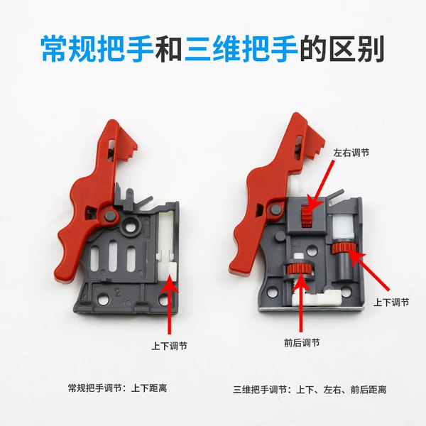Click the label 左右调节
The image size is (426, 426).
click(351, 153)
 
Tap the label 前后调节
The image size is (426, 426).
click(302, 343)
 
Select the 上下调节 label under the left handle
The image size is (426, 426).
click(169, 346)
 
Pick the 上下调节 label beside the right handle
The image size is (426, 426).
click(391, 302)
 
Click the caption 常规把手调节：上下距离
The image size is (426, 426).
click(117, 388)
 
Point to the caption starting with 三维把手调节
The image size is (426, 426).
click(310, 390)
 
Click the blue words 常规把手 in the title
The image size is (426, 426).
click(97, 49)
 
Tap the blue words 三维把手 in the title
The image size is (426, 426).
click(241, 49)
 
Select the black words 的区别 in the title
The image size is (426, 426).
click(342, 49)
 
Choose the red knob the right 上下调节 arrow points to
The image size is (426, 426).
click(342, 248)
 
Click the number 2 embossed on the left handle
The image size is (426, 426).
click(118, 293)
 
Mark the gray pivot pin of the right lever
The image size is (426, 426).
click(276, 209)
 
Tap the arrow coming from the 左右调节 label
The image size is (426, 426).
click(321, 186)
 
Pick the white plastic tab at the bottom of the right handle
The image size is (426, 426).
click(317, 299)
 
